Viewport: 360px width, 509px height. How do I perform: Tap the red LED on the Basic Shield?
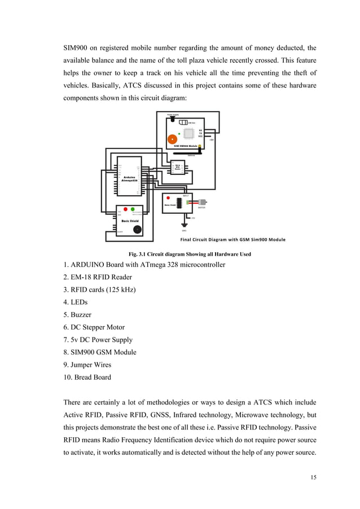125,209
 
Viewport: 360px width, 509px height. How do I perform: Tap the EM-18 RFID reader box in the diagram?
178,166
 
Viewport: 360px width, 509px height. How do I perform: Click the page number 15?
314,477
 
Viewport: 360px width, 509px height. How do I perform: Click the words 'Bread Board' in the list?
93,377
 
